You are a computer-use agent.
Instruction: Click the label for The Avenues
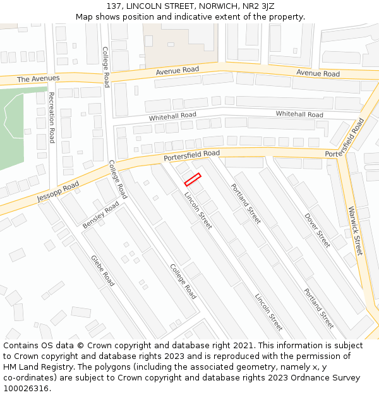coord(38,78)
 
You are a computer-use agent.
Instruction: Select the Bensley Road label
coord(100,216)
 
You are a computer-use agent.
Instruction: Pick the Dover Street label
coord(317,229)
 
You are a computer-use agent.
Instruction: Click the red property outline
coord(193,179)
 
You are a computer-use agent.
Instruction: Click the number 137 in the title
coord(114,6)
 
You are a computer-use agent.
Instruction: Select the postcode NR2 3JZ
coord(258,6)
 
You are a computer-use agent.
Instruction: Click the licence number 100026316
coord(26,389)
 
